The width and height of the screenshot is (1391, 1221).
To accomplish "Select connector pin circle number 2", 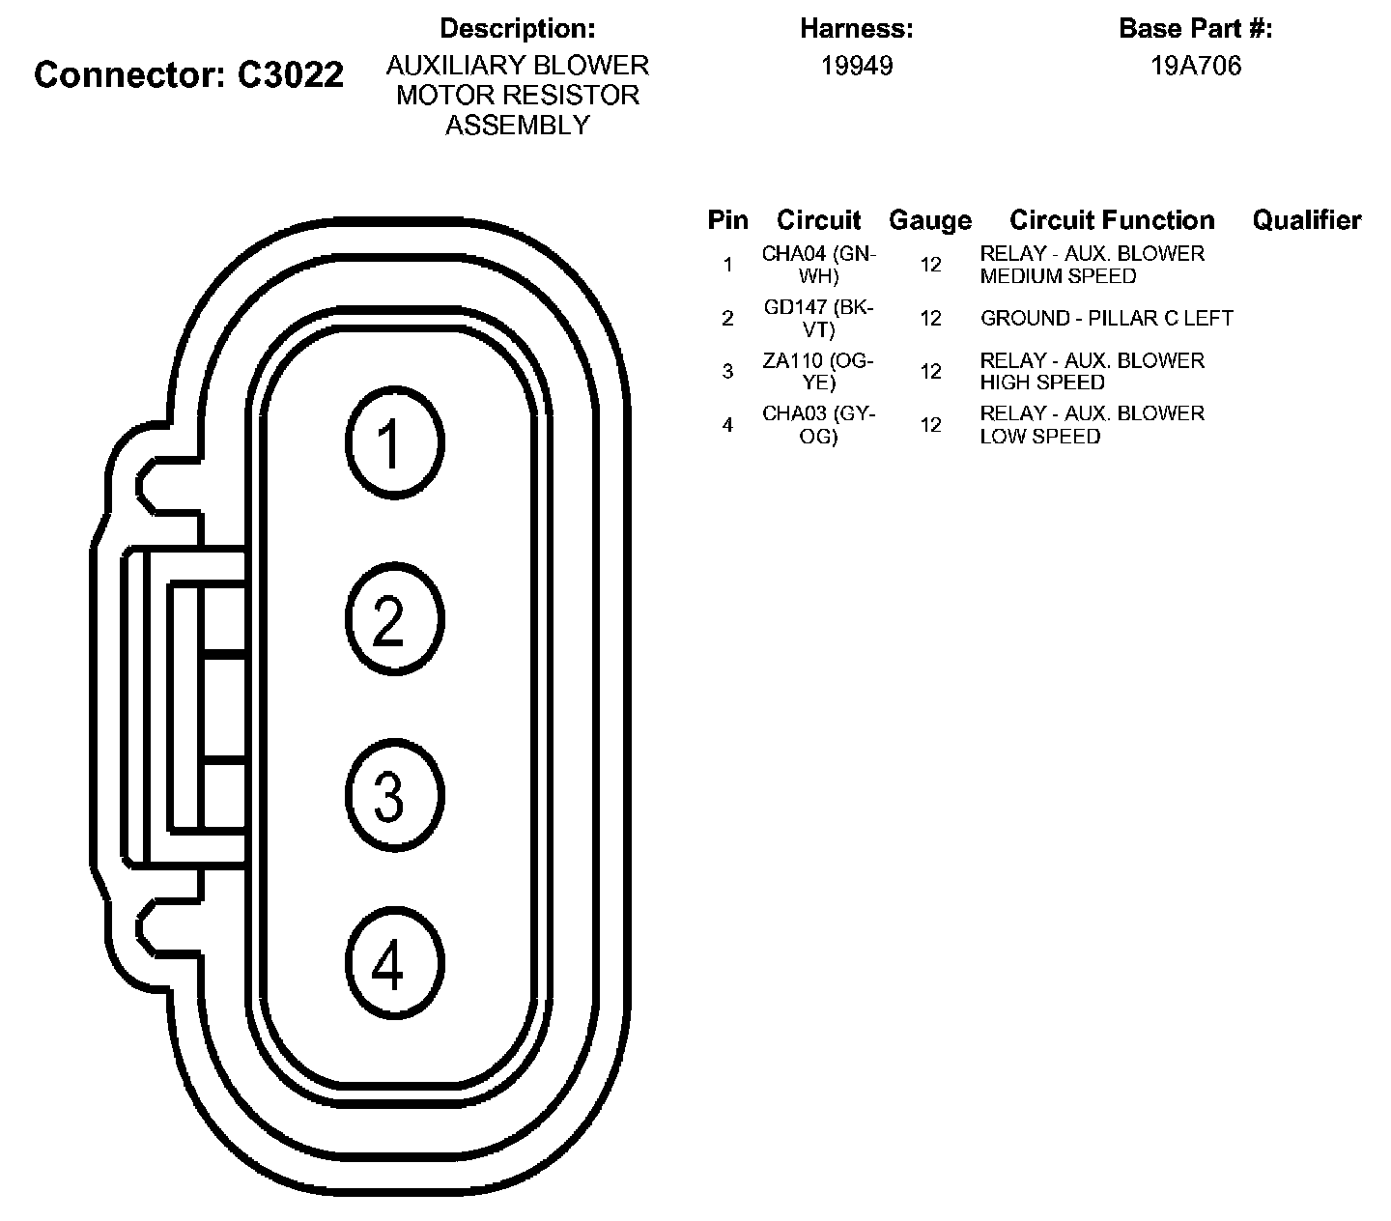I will click(x=393, y=619).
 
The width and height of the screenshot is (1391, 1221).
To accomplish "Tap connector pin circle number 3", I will click(x=393, y=795).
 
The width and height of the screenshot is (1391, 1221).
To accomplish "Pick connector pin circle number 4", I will click(x=393, y=963).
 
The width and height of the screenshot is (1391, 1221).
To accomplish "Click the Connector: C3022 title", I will click(x=188, y=74).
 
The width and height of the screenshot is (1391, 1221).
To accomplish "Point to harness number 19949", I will click(x=856, y=66).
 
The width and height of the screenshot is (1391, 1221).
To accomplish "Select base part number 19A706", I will click(x=1195, y=66).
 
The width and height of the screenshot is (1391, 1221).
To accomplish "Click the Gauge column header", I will click(x=929, y=220).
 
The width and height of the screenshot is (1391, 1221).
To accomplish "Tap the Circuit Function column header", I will click(x=1112, y=220).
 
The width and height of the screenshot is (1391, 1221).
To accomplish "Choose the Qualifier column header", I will click(x=1306, y=220).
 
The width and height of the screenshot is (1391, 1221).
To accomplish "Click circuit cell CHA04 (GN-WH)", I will click(x=818, y=265).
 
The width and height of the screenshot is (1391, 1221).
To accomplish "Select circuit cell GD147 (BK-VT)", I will click(x=818, y=318).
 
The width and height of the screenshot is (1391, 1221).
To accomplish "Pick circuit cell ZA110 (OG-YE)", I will click(x=818, y=371).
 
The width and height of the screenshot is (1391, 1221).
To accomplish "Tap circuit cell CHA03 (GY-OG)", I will click(x=818, y=424).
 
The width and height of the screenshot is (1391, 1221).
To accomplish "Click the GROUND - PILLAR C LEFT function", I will click(x=1106, y=318).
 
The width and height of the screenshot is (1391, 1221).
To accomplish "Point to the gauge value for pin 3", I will click(x=930, y=371).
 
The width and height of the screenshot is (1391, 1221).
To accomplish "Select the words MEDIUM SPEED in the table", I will click(x=1058, y=276).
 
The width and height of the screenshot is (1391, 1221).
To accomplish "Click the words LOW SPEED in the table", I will click(x=1039, y=436).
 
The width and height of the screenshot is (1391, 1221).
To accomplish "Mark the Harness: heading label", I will click(x=856, y=29).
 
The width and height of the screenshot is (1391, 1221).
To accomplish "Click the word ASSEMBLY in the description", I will click(x=517, y=126).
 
